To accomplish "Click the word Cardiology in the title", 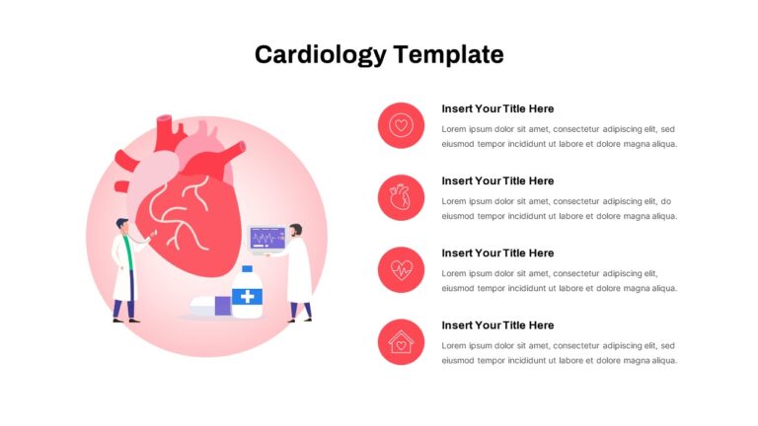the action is click(x=321, y=54).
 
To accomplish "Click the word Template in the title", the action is click(x=448, y=53).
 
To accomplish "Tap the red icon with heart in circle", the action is click(x=401, y=125).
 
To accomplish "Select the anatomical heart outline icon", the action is click(x=401, y=197).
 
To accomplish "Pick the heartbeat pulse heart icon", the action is click(x=401, y=270).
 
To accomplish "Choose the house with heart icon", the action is click(x=401, y=342).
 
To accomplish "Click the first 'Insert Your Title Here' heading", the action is click(x=497, y=108).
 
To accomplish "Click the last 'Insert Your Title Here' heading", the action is click(x=497, y=325).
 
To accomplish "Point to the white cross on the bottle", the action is click(x=247, y=296).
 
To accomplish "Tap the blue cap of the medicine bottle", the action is click(x=247, y=269).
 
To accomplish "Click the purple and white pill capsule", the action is click(x=211, y=307).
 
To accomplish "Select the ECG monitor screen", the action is click(x=267, y=238).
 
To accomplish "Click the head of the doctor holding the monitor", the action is click(x=296, y=230).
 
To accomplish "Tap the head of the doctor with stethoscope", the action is click(x=122, y=225).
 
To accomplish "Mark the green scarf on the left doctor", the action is click(x=128, y=252).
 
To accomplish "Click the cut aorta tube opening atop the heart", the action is click(x=165, y=118).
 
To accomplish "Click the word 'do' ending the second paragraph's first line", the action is click(x=665, y=201).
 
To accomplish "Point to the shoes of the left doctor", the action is click(x=125, y=320).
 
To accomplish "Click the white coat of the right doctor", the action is click(x=300, y=270).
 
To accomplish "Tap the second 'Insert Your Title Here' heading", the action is click(x=497, y=180).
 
